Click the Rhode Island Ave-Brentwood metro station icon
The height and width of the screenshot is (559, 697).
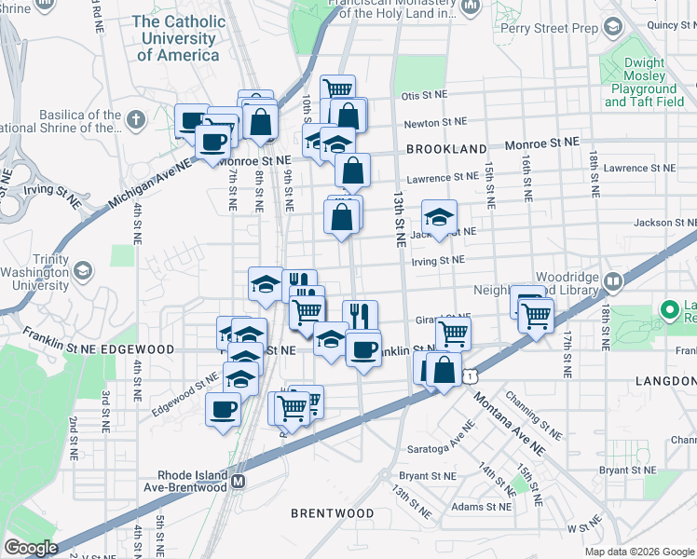[x=238, y=482]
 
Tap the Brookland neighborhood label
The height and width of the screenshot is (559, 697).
[x=445, y=149]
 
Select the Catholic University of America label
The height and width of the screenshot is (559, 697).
[x=179, y=37]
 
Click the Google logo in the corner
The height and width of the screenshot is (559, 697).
[x=31, y=548]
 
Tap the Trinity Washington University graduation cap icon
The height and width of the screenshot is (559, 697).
[x=82, y=271]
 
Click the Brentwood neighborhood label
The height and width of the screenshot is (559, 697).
[x=332, y=513]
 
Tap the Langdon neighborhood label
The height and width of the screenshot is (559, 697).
[x=666, y=382]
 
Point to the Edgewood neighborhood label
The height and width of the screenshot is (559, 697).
[x=137, y=348]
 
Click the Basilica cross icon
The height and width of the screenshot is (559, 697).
[x=137, y=119]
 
